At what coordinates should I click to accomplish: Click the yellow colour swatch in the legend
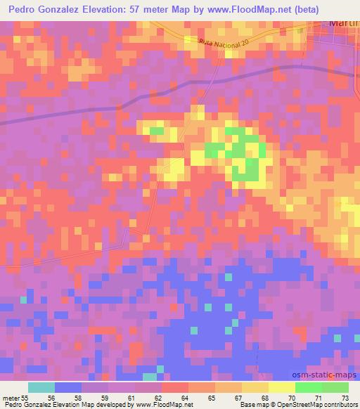(281, 387)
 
